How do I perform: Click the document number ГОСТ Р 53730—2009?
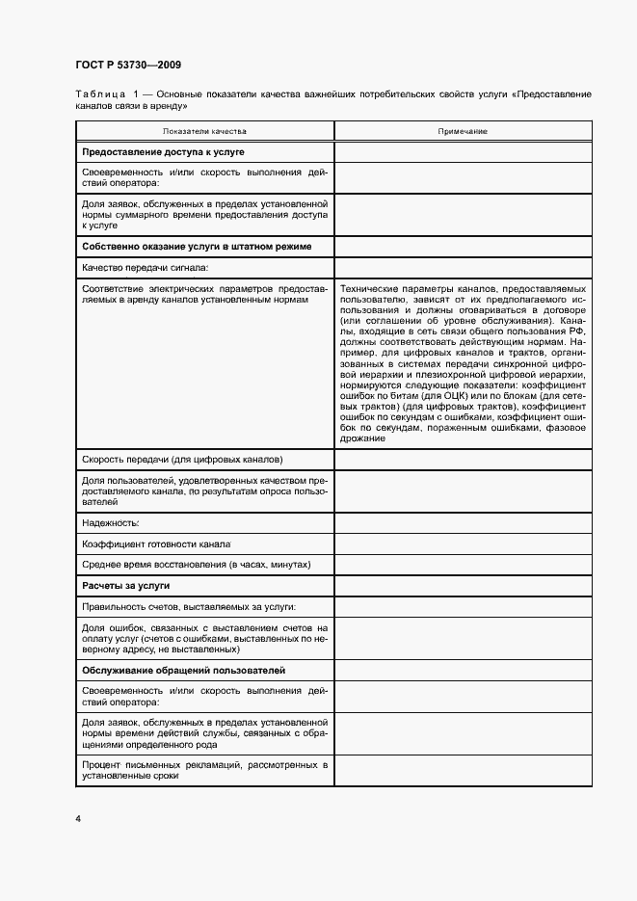[x=127, y=65]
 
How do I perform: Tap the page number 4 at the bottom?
[x=78, y=818]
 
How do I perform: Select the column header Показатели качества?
[x=204, y=131]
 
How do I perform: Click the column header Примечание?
[x=463, y=131]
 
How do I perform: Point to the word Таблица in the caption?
[x=99, y=94]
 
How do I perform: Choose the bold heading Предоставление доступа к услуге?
[x=163, y=152]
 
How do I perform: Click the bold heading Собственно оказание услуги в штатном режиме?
[x=197, y=247]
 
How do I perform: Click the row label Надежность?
[x=112, y=522]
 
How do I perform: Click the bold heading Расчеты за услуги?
[x=126, y=585]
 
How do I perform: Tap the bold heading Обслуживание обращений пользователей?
[x=183, y=670]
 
